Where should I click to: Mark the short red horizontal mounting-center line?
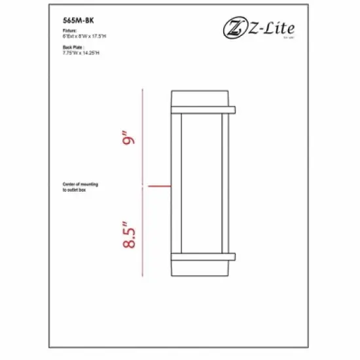click(x=160, y=187)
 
